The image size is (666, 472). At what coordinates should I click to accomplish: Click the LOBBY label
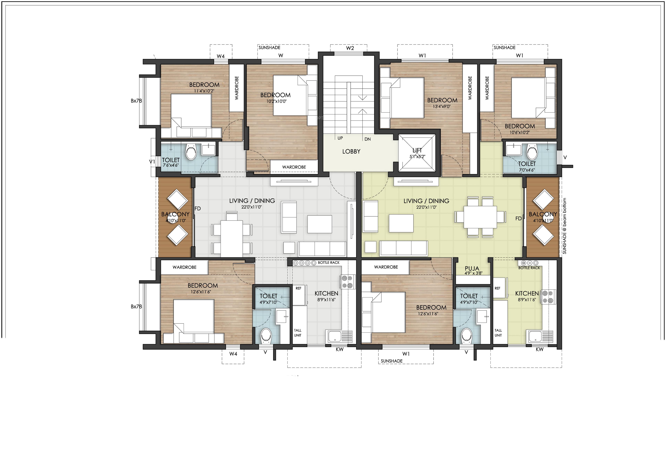pos(351,151)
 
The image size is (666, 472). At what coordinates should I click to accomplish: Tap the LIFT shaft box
pos(417,153)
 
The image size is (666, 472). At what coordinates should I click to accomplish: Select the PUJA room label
pos(472,268)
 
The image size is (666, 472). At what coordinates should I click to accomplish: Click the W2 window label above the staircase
pos(350,48)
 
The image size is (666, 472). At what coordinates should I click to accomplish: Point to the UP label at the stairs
pos(340,138)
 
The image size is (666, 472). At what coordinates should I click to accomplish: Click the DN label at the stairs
pos(368,139)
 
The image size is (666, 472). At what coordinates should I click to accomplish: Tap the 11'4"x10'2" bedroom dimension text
pos(204,91)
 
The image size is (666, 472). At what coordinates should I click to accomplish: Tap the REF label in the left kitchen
pos(298,288)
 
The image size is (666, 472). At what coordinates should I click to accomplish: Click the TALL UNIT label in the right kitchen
pos(498,333)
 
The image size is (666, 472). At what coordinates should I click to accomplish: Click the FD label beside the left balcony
pos(198,208)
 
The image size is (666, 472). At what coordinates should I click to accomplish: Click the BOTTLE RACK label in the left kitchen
pos(329,262)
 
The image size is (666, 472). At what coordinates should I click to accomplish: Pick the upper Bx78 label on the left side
pos(136,101)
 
